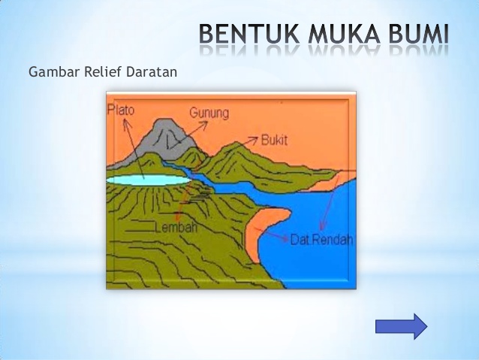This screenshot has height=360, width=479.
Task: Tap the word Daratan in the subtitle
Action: [150, 73]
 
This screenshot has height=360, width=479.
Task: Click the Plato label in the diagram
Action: [121, 110]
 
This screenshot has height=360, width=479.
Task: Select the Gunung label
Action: [209, 113]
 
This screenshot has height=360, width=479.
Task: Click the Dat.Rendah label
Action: [321, 241]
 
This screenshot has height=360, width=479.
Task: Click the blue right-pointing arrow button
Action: [401, 326]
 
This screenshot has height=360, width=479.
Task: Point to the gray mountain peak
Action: [167, 135]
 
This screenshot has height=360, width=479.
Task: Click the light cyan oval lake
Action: [146, 180]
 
